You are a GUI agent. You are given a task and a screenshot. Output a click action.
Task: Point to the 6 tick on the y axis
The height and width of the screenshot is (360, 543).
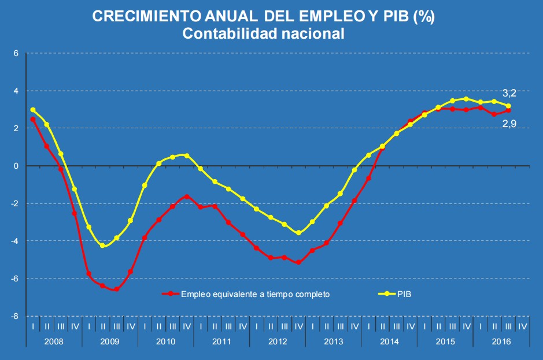tap(17, 53)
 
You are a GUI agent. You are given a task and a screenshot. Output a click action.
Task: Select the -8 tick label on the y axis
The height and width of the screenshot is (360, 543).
tap(15, 316)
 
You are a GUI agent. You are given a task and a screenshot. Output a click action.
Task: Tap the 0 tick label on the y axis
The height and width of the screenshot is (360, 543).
tap(17, 166)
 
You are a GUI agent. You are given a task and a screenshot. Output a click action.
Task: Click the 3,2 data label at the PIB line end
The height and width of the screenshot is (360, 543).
tap(509, 93)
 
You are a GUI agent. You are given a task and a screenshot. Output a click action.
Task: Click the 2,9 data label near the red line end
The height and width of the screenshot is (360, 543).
tap(509, 123)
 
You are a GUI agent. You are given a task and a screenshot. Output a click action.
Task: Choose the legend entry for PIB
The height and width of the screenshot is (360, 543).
tap(404, 294)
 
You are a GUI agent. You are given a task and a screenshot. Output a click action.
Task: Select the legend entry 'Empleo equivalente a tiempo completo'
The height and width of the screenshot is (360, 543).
tap(255, 294)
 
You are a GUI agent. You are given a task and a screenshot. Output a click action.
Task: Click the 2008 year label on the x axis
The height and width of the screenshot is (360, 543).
tap(54, 341)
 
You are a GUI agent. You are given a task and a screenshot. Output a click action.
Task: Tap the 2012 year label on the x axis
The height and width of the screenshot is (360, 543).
tap(278, 341)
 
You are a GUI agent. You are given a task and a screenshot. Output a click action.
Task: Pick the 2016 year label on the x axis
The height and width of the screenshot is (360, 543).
tap(501, 341)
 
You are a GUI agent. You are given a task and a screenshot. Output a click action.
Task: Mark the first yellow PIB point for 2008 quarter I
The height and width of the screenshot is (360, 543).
tap(33, 110)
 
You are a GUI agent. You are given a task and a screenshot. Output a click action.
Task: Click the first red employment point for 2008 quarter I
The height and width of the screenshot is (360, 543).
tap(33, 120)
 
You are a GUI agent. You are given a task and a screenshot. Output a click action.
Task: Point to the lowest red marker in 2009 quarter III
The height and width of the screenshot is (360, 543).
tap(117, 289)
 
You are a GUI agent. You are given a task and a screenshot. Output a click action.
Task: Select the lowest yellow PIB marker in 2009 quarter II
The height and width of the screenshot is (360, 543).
tap(103, 246)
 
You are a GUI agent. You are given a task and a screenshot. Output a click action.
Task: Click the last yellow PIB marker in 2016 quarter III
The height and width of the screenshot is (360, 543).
tap(508, 106)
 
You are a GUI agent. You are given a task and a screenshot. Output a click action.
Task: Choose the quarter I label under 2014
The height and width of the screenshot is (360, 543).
tap(368, 326)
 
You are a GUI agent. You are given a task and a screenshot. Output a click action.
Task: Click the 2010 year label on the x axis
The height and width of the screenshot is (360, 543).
tap(165, 341)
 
